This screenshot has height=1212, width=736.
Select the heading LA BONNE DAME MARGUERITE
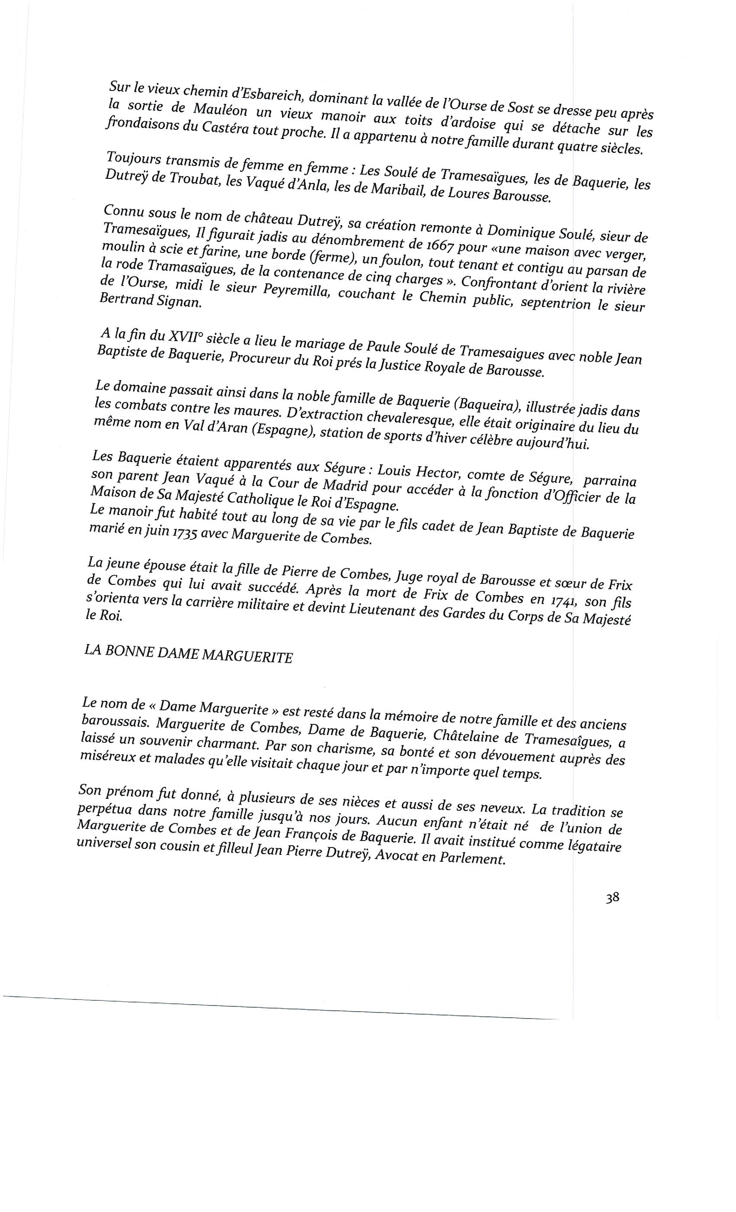pyautogui.click(x=188, y=654)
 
